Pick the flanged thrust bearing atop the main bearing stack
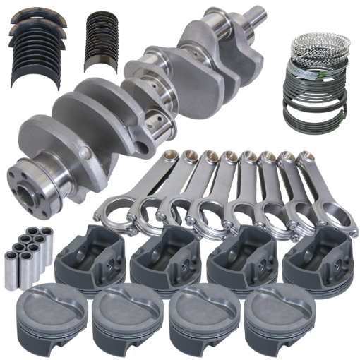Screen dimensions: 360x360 (x=39, y=27)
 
